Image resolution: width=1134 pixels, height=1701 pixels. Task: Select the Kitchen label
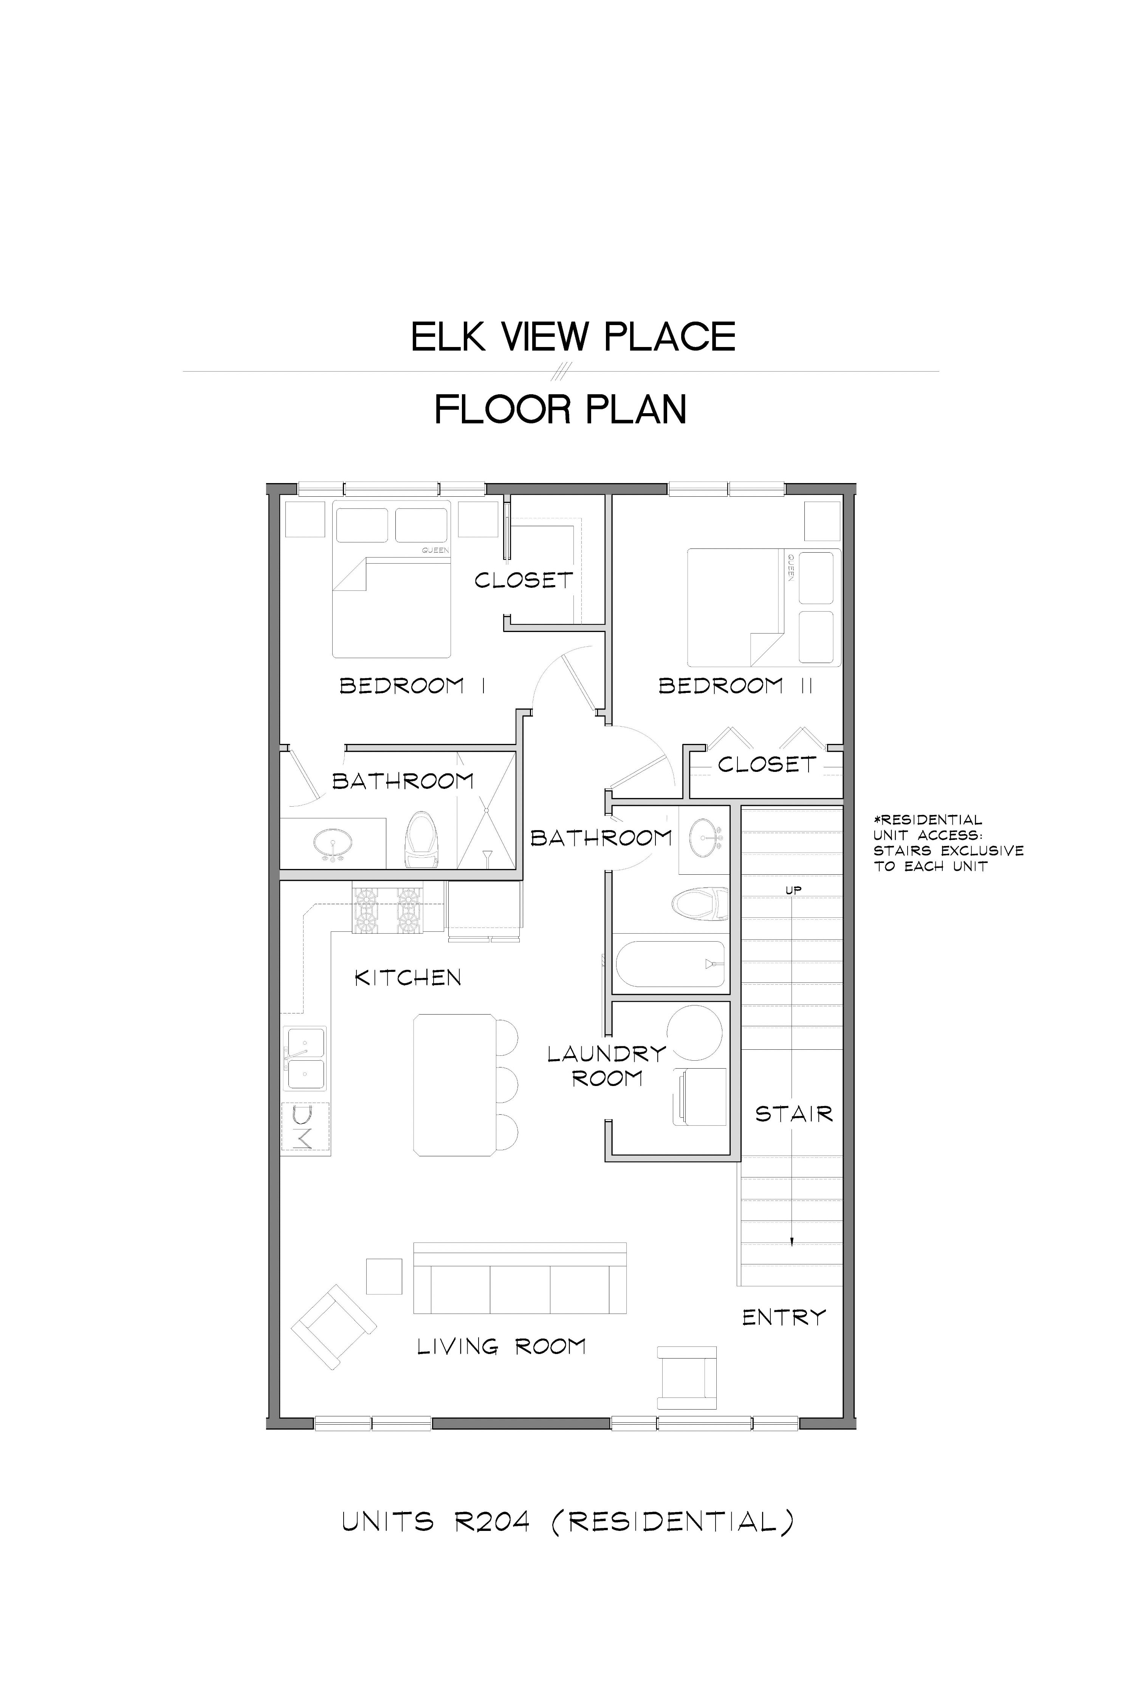coord(408,978)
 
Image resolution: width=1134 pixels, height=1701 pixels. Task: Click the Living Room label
coord(501,1346)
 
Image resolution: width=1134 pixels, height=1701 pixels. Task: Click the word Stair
coord(794,1114)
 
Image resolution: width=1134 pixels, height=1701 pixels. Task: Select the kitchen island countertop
coord(455,1085)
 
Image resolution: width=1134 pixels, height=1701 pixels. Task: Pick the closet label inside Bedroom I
coord(524,580)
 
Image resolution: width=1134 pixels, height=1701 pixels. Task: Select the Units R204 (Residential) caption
coord(568,1522)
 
